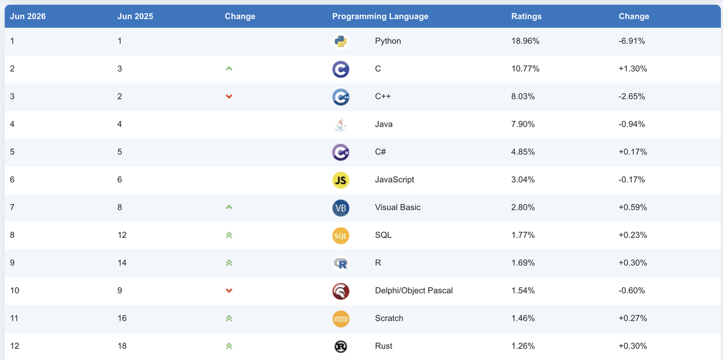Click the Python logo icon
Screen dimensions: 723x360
tap(341, 41)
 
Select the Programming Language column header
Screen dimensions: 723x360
tap(380, 16)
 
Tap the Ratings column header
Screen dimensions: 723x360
tap(526, 16)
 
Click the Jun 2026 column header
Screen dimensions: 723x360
tap(28, 16)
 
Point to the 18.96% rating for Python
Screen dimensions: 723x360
tap(525, 41)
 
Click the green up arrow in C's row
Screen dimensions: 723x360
tap(229, 68)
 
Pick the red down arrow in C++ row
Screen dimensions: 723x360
tap(229, 97)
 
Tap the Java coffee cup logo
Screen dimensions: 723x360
tap(341, 124)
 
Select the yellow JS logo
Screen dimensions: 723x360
tap(341, 180)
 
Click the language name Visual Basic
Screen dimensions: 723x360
tap(398, 207)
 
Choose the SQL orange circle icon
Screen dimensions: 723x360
tap(341, 235)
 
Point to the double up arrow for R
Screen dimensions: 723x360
tap(229, 263)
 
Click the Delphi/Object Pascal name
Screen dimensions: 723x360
tap(414, 290)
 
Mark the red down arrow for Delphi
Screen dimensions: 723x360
tap(229, 290)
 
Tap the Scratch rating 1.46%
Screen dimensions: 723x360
tap(523, 318)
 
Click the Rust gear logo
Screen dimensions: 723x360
tap(341, 346)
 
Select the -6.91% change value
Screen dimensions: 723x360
tap(631, 41)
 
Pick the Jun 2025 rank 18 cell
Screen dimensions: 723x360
tap(122, 346)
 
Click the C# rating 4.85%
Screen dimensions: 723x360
tap(523, 152)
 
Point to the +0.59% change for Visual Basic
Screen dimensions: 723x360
tap(633, 207)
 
